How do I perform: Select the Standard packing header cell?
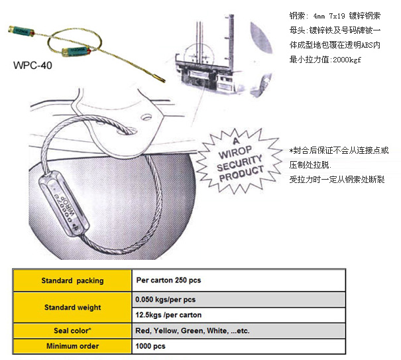[x=72, y=280]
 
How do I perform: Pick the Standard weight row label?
[x=72, y=307]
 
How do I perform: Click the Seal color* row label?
[x=72, y=330]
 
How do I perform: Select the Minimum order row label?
[x=72, y=346]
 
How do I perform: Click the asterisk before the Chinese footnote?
[x=292, y=150]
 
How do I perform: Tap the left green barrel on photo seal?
[x=21, y=30]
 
